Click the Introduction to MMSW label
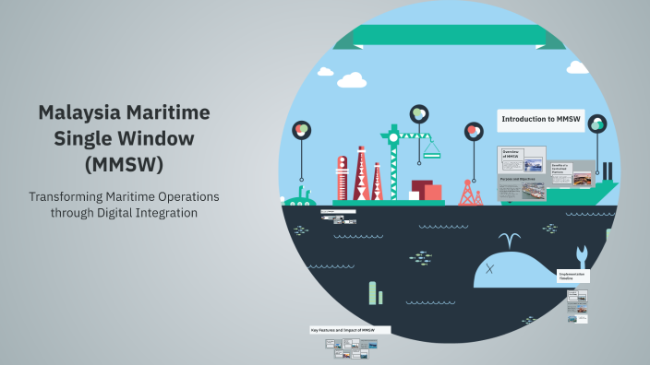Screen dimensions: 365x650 [540, 119]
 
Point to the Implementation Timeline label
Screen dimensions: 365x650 [573, 276]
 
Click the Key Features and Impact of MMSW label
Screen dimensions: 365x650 [349, 329]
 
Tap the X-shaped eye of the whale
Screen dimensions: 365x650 [490, 269]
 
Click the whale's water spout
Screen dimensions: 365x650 [506, 242]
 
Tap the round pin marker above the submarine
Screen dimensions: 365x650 [300, 130]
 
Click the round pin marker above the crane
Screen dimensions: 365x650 [419, 113]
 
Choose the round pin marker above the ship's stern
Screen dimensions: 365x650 [597, 124]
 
